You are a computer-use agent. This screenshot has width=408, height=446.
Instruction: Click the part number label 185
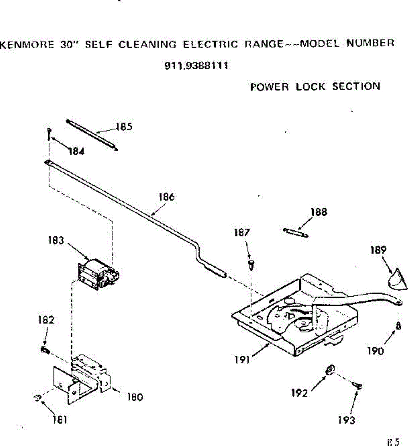pyautogui.click(x=124, y=127)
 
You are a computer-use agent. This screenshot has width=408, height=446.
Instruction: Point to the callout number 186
pyautogui.click(x=166, y=197)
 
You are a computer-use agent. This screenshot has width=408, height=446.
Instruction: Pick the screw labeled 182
pyautogui.click(x=45, y=349)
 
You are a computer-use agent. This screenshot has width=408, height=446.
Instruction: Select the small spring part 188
pyautogui.click(x=296, y=233)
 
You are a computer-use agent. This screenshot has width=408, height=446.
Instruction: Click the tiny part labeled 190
pyautogui.click(x=398, y=326)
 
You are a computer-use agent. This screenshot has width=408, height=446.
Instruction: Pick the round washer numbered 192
pyautogui.click(x=329, y=370)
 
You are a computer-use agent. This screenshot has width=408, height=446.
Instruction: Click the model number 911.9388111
pyautogui.click(x=196, y=67)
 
